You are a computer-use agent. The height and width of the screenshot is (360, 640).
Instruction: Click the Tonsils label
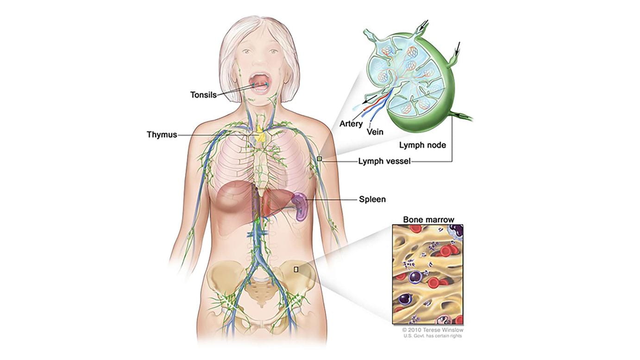pyautogui.click(x=203, y=95)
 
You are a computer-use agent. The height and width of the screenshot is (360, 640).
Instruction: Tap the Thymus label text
pyautogui.click(x=162, y=135)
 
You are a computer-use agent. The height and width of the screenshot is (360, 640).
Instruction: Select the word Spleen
pyautogui.click(x=372, y=199)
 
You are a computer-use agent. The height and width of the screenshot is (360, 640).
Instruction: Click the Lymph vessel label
pyautogui.click(x=384, y=161)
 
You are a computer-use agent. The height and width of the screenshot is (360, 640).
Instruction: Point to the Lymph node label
pyautogui.click(x=423, y=145)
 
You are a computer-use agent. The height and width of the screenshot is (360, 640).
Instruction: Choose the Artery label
pyautogui.click(x=350, y=124)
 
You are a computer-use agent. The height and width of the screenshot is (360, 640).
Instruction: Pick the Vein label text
pyautogui.click(x=375, y=132)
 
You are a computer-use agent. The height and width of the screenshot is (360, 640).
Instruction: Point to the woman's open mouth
pyautogui.click(x=260, y=81)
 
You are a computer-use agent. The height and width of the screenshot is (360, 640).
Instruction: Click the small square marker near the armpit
pyautogui.click(x=319, y=159)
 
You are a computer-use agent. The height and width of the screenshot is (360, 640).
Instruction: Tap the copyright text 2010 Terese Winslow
pyautogui.click(x=433, y=330)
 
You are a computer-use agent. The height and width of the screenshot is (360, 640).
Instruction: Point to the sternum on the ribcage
pyautogui.click(x=261, y=167)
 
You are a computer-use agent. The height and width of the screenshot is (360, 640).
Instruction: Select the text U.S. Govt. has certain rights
pyautogui.click(x=433, y=336)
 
